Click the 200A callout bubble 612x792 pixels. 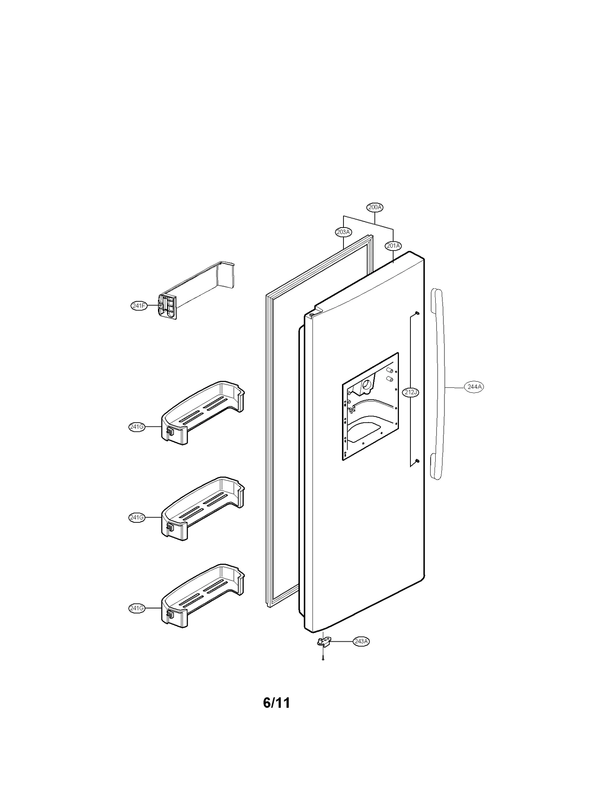click(375, 207)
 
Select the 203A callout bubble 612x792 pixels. click(343, 232)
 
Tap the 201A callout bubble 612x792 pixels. click(393, 246)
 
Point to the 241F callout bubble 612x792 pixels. click(139, 306)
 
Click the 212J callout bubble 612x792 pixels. click(411, 392)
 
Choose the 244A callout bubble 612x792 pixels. click(474, 387)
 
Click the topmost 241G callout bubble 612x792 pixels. click(137, 427)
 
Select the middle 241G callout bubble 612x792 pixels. click(137, 517)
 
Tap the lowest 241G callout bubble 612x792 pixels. click(137, 608)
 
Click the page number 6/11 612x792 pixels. click(276, 714)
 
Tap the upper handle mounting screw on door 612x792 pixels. click(418, 314)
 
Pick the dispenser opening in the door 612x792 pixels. click(370, 405)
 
